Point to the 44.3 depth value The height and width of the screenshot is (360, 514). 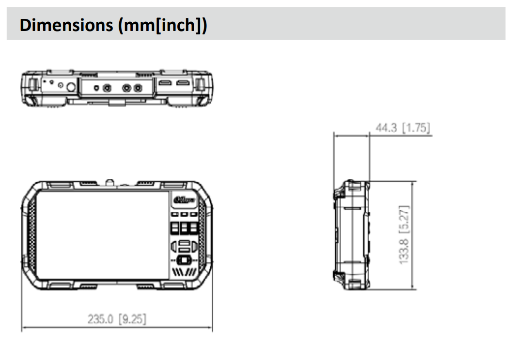386,128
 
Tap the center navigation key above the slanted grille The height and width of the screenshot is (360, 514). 184,261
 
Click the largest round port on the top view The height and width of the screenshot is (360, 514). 71,87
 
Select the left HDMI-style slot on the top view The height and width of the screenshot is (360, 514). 164,84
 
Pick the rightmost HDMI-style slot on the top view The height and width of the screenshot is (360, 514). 183,84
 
